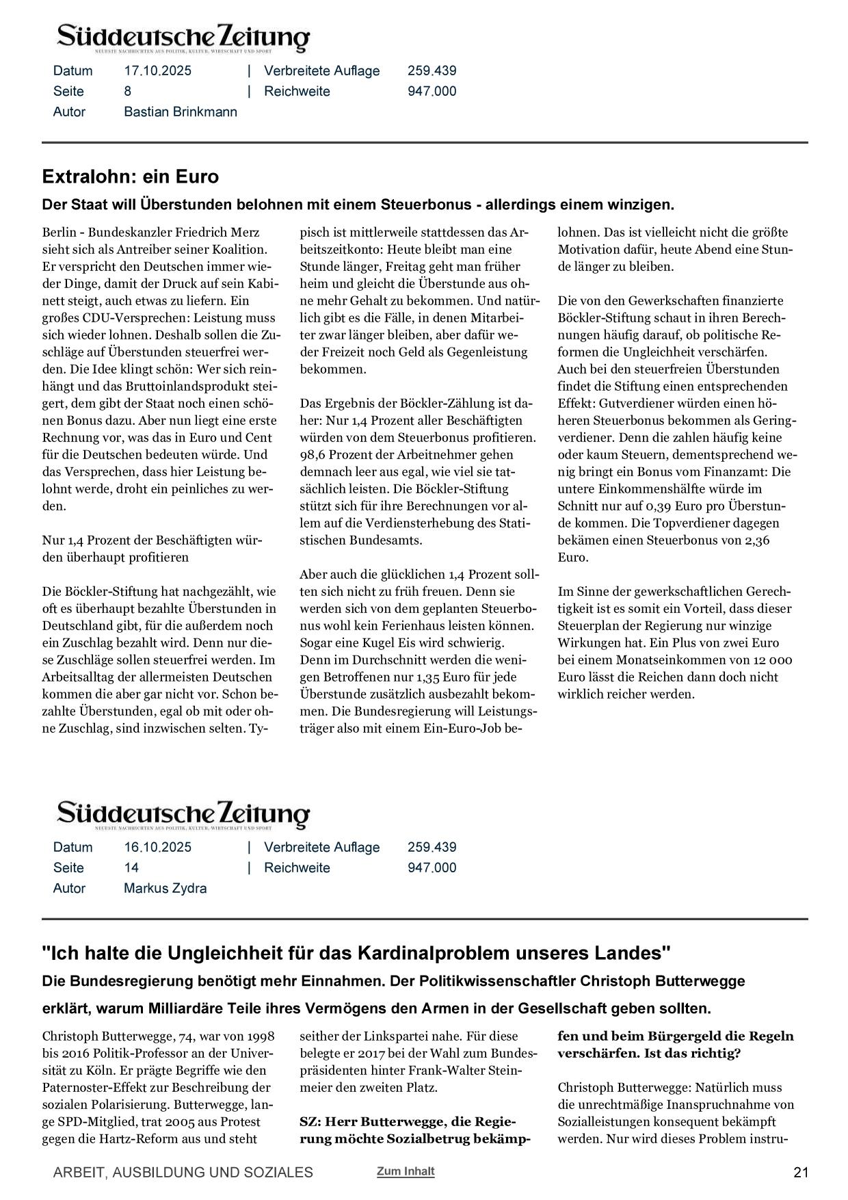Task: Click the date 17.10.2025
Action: (157, 70)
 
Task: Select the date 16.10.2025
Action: (157, 847)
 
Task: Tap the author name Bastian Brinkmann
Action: (181, 112)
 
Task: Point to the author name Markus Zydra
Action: (165, 888)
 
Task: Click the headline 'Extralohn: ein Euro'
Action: (130, 177)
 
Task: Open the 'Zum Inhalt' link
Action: (405, 1171)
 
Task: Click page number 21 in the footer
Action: (801, 1172)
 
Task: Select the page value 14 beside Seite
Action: (131, 868)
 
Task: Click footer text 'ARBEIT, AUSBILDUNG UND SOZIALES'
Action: (183, 1172)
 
